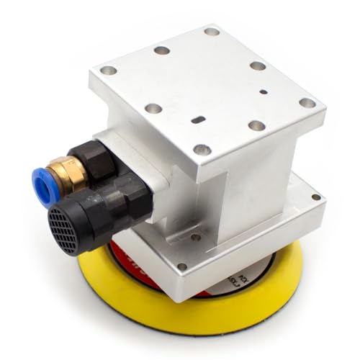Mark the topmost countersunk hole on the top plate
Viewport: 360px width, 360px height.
211,31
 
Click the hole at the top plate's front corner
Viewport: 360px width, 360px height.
202,150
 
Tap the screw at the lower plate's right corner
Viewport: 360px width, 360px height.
315,197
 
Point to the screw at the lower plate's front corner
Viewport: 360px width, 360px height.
182,266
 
